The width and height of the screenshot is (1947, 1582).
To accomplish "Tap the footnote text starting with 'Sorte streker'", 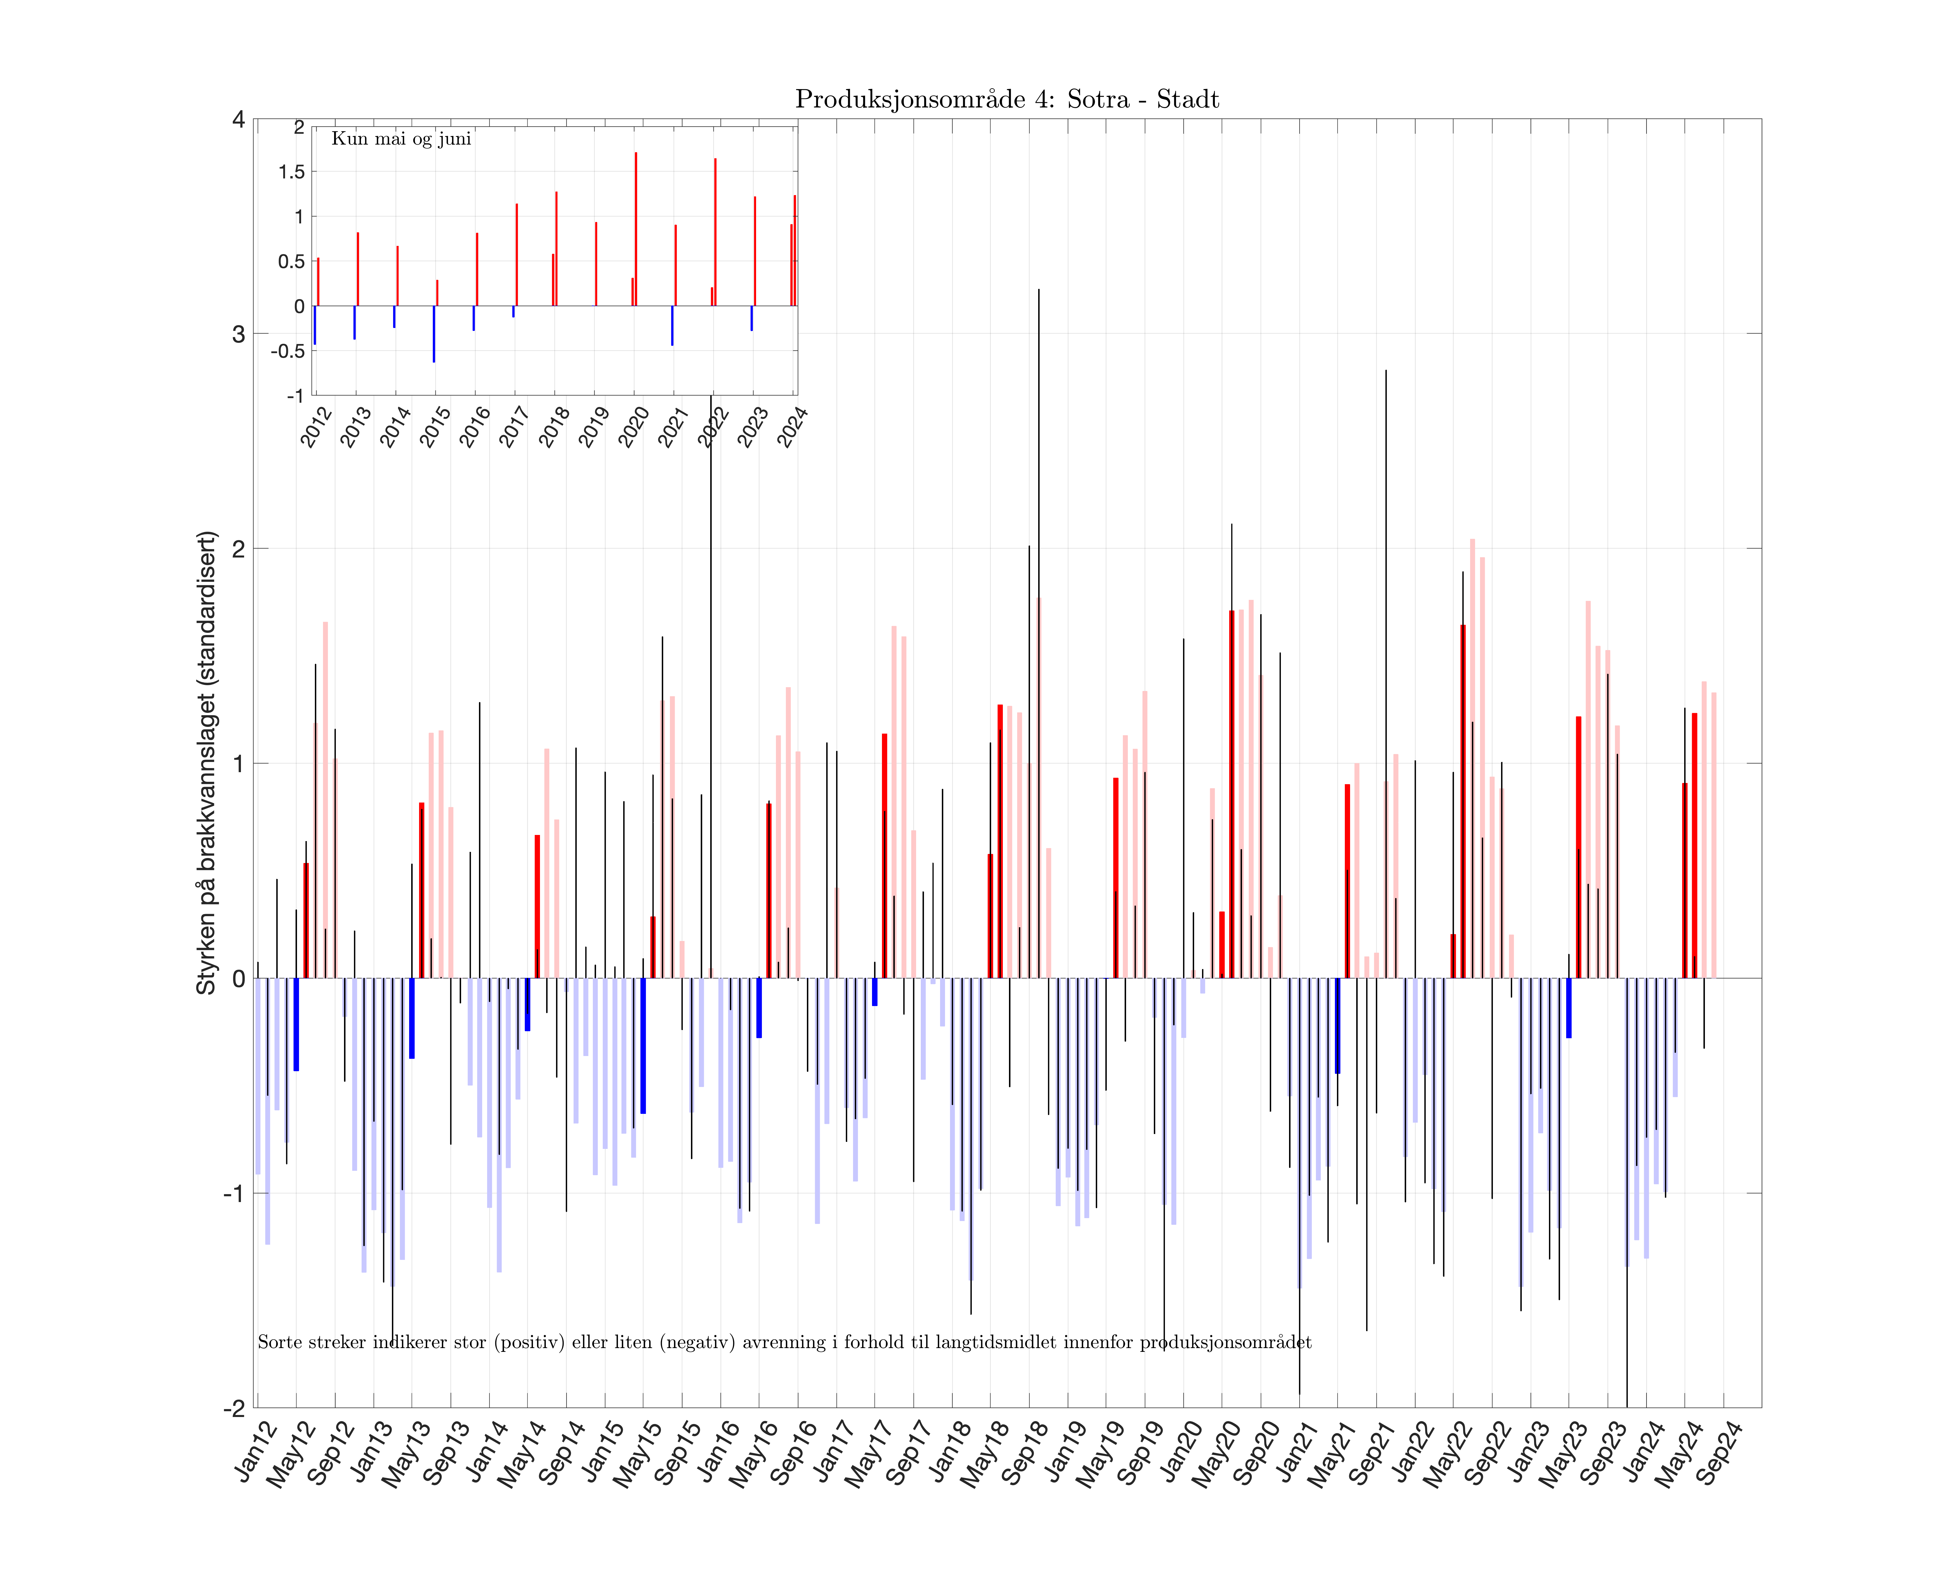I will coord(784,1342).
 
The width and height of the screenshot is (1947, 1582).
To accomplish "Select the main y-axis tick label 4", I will coord(239,119).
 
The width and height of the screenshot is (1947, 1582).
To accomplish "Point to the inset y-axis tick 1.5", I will coord(291,172).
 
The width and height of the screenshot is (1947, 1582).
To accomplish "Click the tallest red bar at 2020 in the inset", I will coord(636,228).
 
